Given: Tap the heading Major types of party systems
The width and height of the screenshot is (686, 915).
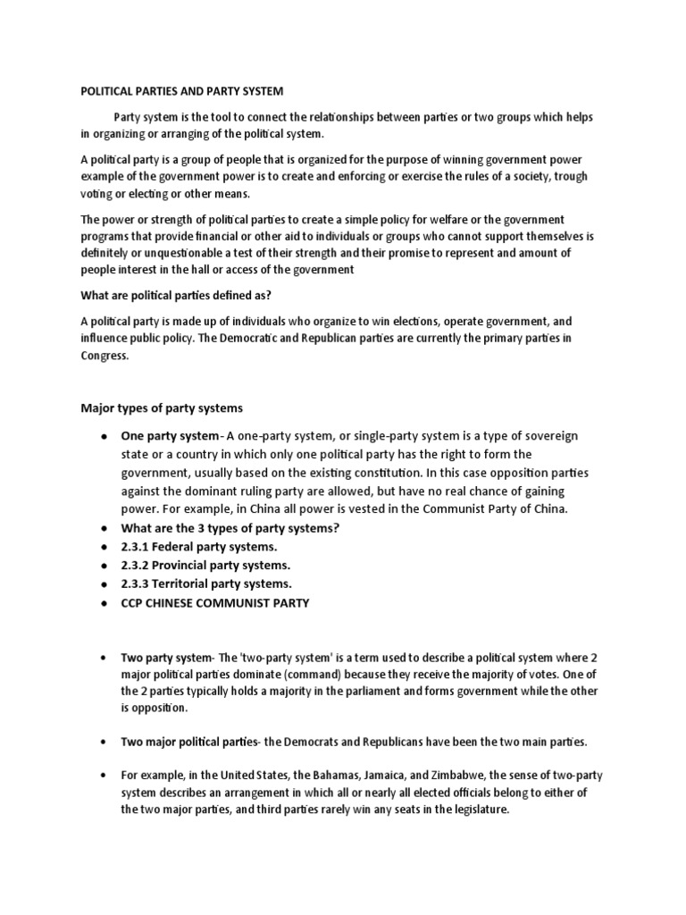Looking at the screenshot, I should click(162, 408).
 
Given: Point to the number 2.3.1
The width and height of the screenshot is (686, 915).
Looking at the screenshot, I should click(136, 546).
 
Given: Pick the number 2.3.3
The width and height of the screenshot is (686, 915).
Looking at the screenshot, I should click(136, 584).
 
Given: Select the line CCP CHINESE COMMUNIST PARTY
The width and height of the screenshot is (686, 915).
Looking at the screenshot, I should click(214, 603).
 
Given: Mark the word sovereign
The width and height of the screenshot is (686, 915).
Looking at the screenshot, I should click(547, 436).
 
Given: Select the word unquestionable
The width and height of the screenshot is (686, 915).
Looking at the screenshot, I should click(157, 254).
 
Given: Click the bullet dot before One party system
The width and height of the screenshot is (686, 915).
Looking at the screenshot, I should click(105, 436).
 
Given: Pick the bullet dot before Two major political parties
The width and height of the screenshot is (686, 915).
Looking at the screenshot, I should click(105, 743).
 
